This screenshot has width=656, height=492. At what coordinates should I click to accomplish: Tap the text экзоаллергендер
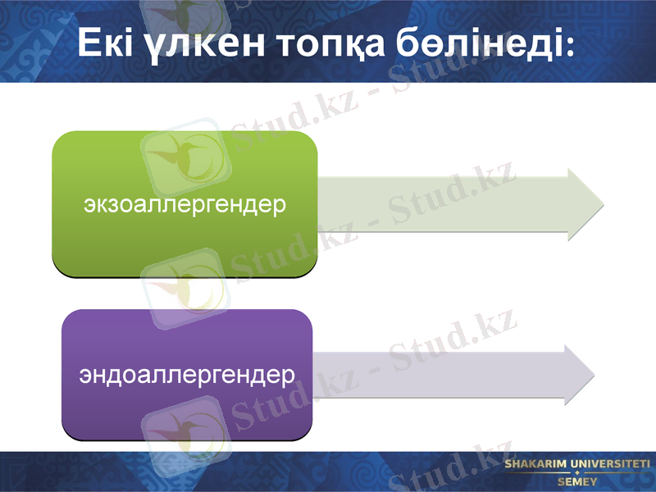coord(184,203)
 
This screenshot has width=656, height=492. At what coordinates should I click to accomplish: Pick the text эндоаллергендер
coord(187,376)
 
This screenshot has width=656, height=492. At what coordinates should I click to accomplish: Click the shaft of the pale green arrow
coord(443,204)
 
